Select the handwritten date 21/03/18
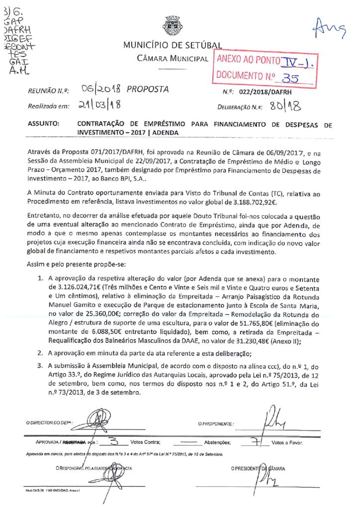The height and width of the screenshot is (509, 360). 96,105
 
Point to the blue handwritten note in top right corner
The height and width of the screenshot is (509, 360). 328,31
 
